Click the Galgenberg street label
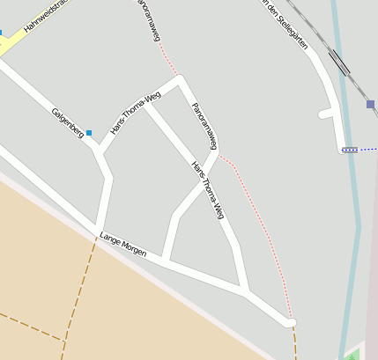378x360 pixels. (x=67, y=121)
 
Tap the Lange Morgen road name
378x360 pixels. (x=122, y=245)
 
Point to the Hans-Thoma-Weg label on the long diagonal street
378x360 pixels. (x=208, y=189)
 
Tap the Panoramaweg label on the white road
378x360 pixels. (x=204, y=125)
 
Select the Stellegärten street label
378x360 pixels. (x=287, y=24)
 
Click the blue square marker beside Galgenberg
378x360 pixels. (x=88, y=133)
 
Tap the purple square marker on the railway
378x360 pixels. (x=370, y=104)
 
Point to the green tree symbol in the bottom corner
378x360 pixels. (x=353, y=355)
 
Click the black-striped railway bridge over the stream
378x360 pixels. (x=338, y=62)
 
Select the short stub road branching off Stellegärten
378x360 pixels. (x=327, y=114)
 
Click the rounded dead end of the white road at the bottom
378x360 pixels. (x=291, y=323)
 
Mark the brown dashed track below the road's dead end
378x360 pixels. (x=295, y=345)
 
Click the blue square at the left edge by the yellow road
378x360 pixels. (x=1, y=33)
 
